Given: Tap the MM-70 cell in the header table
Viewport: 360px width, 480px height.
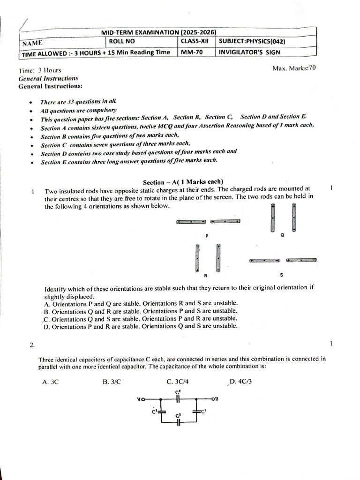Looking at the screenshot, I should [192, 52].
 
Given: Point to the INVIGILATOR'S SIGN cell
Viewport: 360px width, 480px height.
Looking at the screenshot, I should [248, 52].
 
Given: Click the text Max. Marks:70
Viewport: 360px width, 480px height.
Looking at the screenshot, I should [294, 68].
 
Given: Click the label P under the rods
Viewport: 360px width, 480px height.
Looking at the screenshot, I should [207, 234].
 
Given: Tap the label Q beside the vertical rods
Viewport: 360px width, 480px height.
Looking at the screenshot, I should [282, 235].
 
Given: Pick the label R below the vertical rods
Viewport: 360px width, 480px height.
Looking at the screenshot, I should [206, 275].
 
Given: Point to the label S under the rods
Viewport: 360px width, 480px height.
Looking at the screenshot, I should [281, 275].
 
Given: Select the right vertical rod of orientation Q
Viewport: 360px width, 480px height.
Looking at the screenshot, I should [294, 217].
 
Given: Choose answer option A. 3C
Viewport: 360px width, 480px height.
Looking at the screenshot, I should [50, 382].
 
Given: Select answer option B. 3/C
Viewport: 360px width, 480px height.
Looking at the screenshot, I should [112, 382].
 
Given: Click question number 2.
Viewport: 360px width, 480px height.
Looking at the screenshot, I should [32, 345].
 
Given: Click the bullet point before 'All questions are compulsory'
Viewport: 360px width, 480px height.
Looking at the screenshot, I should [30, 111].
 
